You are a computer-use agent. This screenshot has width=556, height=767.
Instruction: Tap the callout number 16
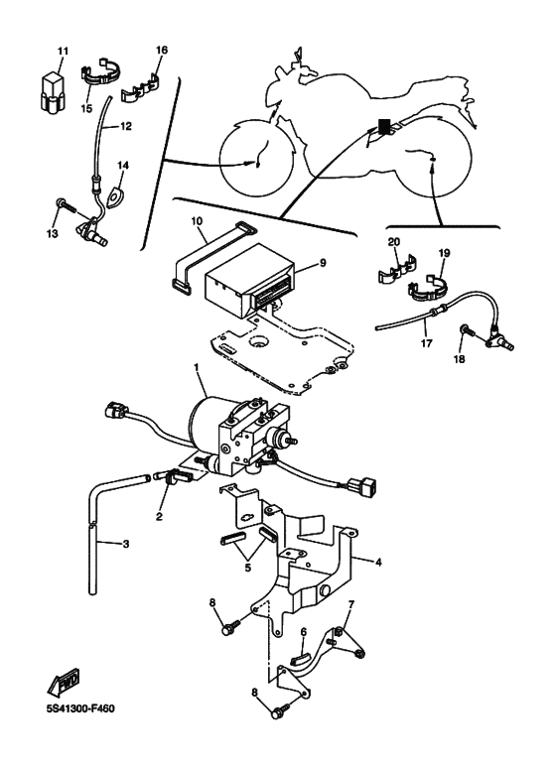coord(162,50)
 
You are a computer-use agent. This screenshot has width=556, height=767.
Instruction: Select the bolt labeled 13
coord(67,205)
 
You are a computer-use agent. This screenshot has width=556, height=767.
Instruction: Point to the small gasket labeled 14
coord(115,195)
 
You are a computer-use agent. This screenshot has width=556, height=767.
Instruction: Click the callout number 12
coord(126,126)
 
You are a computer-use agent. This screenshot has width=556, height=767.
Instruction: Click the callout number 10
coord(197,221)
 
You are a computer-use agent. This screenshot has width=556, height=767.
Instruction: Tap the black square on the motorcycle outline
coord(384,127)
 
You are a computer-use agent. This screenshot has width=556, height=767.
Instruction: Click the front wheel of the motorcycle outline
coord(257,156)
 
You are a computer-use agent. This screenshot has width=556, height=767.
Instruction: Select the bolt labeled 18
coord(469,332)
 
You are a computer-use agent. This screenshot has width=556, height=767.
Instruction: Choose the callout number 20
coord(393,242)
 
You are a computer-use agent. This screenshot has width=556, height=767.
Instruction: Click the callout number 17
coord(426,343)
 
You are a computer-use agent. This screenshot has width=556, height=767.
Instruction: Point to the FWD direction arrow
coord(64,684)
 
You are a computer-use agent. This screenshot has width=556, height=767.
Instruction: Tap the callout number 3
coord(126,544)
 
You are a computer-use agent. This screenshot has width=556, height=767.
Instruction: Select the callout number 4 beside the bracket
coord(378,563)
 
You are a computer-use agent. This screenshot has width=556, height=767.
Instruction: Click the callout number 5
coord(247,568)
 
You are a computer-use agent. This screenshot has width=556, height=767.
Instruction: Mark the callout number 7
coord(350,604)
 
